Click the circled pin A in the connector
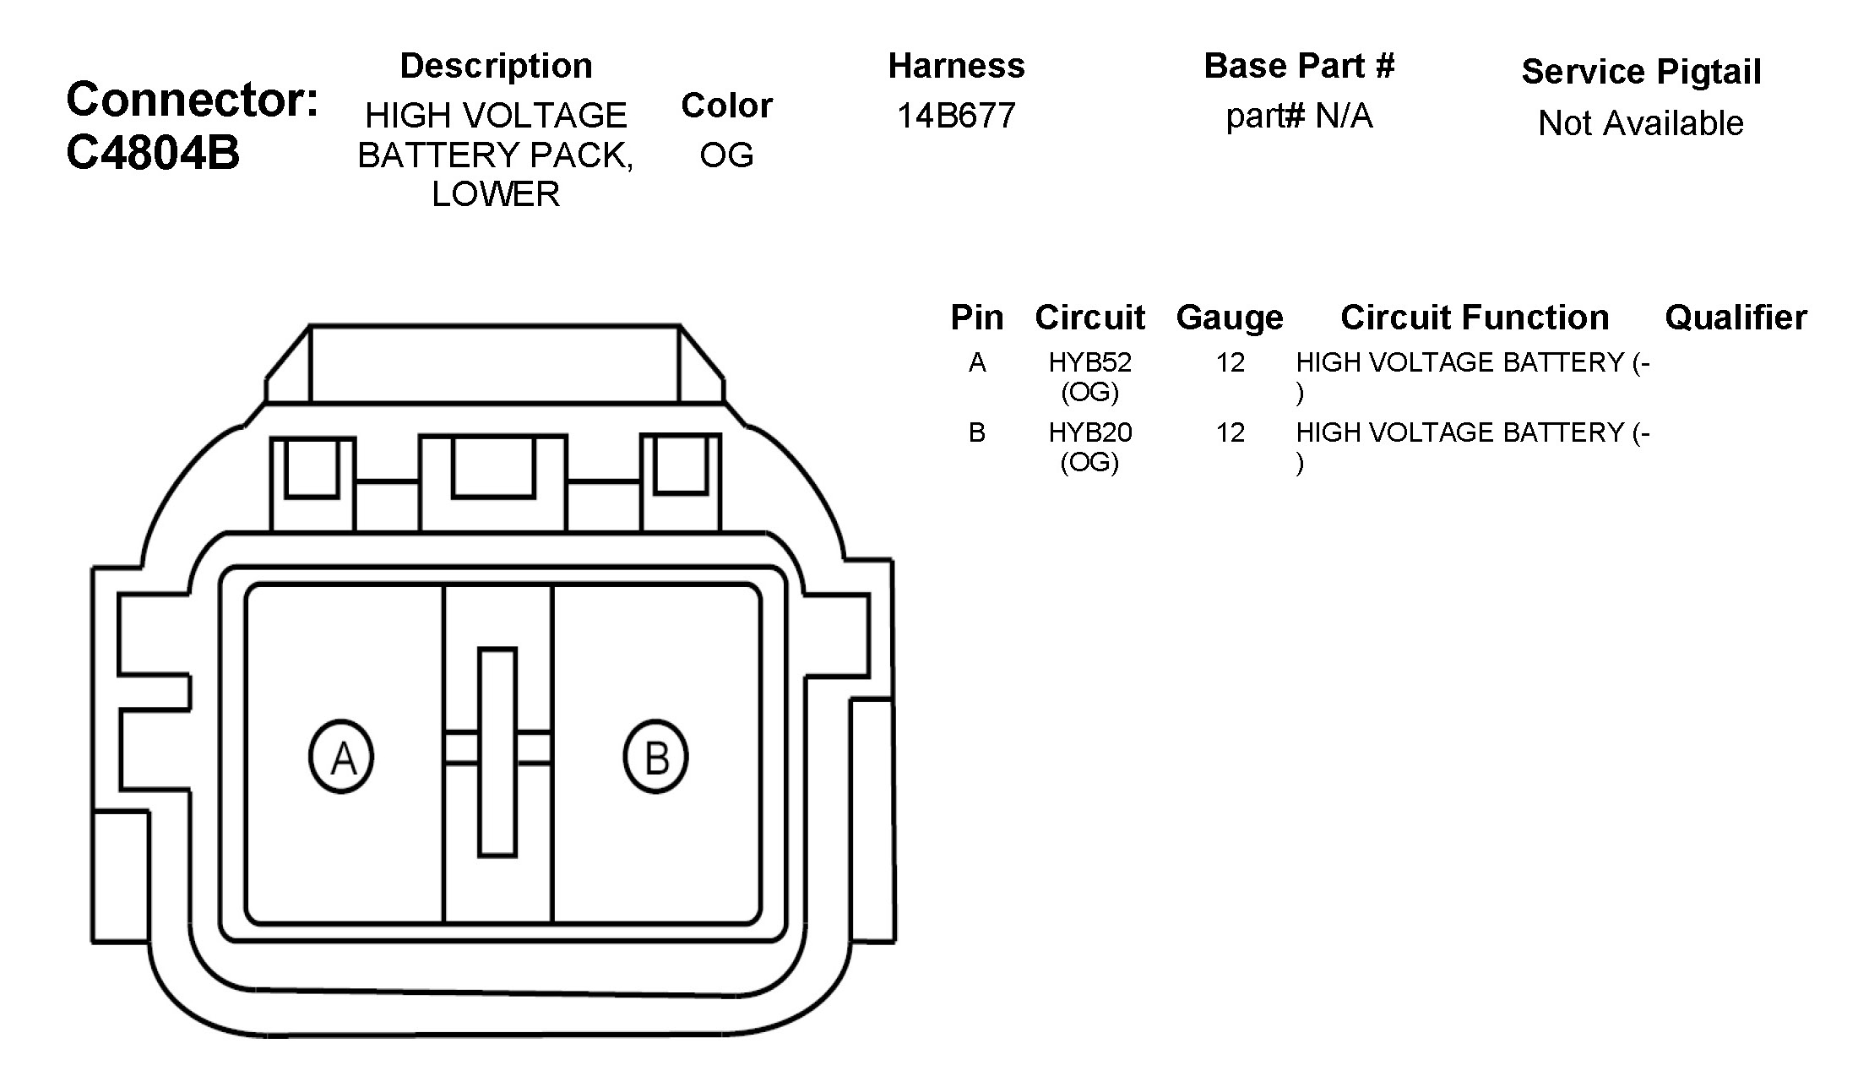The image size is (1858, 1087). tap(341, 756)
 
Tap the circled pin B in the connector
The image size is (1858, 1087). tap(655, 756)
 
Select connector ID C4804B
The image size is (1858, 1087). tap(153, 153)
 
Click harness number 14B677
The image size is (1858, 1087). tap(956, 116)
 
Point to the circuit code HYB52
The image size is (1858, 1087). tap(1089, 362)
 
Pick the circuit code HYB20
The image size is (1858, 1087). tap(1089, 432)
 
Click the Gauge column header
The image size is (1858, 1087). tap(1230, 318)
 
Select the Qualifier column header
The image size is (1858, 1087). tap(1736, 318)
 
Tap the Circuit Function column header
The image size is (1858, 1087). tap(1475, 318)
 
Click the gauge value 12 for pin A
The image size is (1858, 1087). tap(1231, 362)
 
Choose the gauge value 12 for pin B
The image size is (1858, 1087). tap(1231, 432)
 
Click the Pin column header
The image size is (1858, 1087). tap(977, 318)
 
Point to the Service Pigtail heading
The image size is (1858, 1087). tap(1641, 72)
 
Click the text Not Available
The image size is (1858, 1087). tap(1641, 123)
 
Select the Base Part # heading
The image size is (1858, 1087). tap(1299, 66)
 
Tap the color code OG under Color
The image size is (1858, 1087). tap(726, 155)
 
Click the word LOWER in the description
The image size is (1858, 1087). tap(496, 194)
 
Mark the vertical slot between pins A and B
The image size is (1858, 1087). tap(497, 753)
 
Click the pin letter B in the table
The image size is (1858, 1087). tap(977, 432)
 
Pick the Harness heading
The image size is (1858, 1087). tap(956, 66)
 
